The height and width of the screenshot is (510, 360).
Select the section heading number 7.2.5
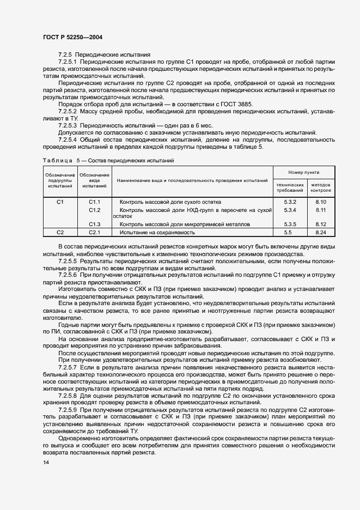[x=65, y=55]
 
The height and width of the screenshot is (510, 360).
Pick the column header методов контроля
[x=320, y=188]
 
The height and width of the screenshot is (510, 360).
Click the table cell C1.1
[x=95, y=202]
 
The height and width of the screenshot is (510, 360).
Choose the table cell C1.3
[x=95, y=224]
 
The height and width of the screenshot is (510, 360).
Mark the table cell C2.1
[x=95, y=233]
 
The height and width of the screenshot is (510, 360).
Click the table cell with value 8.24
[x=320, y=233]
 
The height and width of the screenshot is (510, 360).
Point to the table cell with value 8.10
[x=320, y=202]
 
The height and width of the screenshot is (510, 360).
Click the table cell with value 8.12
[x=320, y=224]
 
